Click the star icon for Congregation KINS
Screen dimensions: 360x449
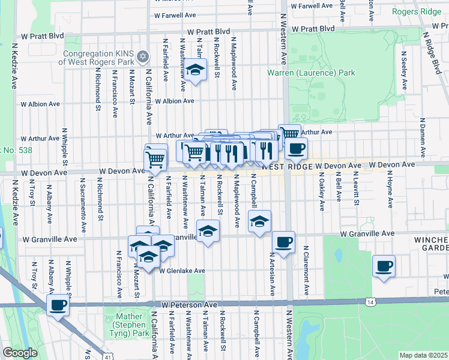142,56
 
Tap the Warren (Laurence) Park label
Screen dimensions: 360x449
311,73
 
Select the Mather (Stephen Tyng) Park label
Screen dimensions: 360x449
128,320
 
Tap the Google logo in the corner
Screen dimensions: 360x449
20,353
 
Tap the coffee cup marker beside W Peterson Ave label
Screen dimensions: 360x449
58,305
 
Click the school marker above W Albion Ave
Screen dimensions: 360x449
195,70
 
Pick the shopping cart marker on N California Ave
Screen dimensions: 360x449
155,160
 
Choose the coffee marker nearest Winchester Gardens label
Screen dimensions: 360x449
384,266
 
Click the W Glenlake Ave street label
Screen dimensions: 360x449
182,271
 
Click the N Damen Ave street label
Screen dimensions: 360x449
423,133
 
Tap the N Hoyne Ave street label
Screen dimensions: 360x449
390,192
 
